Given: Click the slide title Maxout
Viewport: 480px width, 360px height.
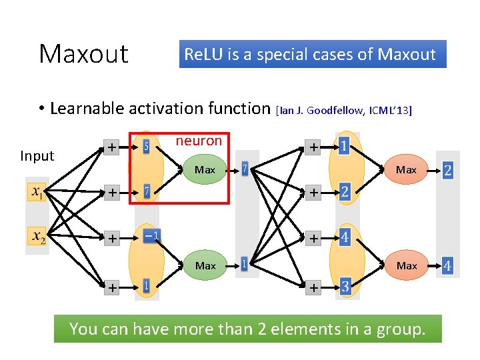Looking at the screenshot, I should pos(83,54).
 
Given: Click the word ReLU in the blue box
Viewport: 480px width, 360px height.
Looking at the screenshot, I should pos(201,55).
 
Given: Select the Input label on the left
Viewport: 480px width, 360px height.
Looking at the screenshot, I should pos(37,156).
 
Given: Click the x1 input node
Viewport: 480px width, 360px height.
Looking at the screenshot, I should pos(37,193).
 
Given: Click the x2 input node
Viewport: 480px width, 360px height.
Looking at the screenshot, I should pos(37,237).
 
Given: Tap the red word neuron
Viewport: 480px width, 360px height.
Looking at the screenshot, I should pos(198,141).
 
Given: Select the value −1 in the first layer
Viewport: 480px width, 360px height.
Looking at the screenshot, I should pos(151,236).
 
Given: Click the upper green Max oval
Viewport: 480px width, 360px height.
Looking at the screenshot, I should pos(205,170).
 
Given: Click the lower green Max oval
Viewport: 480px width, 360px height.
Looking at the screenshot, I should pos(205,265).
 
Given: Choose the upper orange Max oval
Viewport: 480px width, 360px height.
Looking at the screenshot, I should pos(406,170).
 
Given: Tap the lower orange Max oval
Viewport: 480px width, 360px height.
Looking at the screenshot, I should pos(406,265).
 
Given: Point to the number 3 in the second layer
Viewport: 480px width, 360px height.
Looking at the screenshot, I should pos(345,287).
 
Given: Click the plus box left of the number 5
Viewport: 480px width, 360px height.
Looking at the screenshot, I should pos(112,146).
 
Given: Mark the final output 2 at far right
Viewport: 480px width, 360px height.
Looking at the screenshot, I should pos(447,171).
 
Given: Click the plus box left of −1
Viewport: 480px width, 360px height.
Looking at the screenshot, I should pos(112,238).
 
